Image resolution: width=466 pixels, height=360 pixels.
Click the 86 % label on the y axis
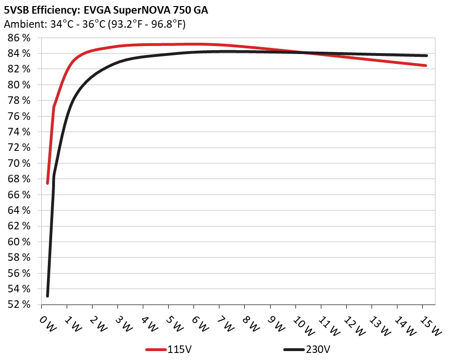point(19,38)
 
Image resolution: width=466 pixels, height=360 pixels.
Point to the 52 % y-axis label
point(19,305)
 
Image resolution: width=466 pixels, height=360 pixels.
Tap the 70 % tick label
point(19,163)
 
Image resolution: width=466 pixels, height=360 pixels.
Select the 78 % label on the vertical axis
point(19,101)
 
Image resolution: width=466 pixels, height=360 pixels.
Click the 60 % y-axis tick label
point(19,242)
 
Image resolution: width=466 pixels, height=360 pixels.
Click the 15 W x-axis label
point(430,325)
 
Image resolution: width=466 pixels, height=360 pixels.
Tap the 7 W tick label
point(225,323)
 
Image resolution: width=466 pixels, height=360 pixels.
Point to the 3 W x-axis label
point(124,323)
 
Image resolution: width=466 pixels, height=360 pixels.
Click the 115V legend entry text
point(179,350)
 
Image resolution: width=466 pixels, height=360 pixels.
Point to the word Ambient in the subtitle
point(22,24)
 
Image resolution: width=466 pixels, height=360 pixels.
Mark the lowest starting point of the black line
point(47,296)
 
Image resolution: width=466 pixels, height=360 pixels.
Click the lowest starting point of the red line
point(47,183)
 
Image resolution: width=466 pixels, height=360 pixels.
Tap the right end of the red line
point(426,65)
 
